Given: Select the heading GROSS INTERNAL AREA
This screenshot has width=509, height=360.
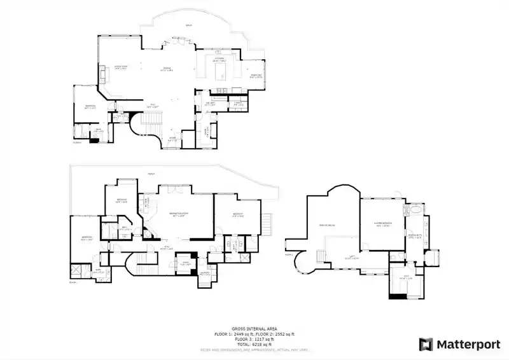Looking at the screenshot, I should [x=254, y=329].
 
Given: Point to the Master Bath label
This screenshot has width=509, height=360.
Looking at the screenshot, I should [x=414, y=235].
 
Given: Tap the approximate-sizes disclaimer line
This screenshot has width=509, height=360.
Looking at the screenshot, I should [x=254, y=349].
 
